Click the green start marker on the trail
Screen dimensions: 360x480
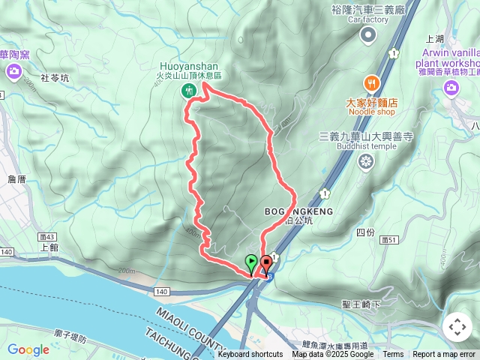[x=251, y=263]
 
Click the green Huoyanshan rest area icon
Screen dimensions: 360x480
[x=188, y=91]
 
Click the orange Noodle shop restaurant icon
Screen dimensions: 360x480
[x=370, y=82]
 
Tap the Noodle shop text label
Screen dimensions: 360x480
[x=370, y=112]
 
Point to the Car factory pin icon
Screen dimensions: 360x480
[x=367, y=34]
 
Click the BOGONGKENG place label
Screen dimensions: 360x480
[x=298, y=212]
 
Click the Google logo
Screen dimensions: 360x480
[x=28, y=349]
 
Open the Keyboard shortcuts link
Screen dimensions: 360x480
[x=250, y=355]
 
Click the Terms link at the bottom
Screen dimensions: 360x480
[x=393, y=355]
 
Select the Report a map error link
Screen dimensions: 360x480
[x=445, y=355]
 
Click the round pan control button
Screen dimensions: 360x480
[x=457, y=327]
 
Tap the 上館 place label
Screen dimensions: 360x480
[x=49, y=247]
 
